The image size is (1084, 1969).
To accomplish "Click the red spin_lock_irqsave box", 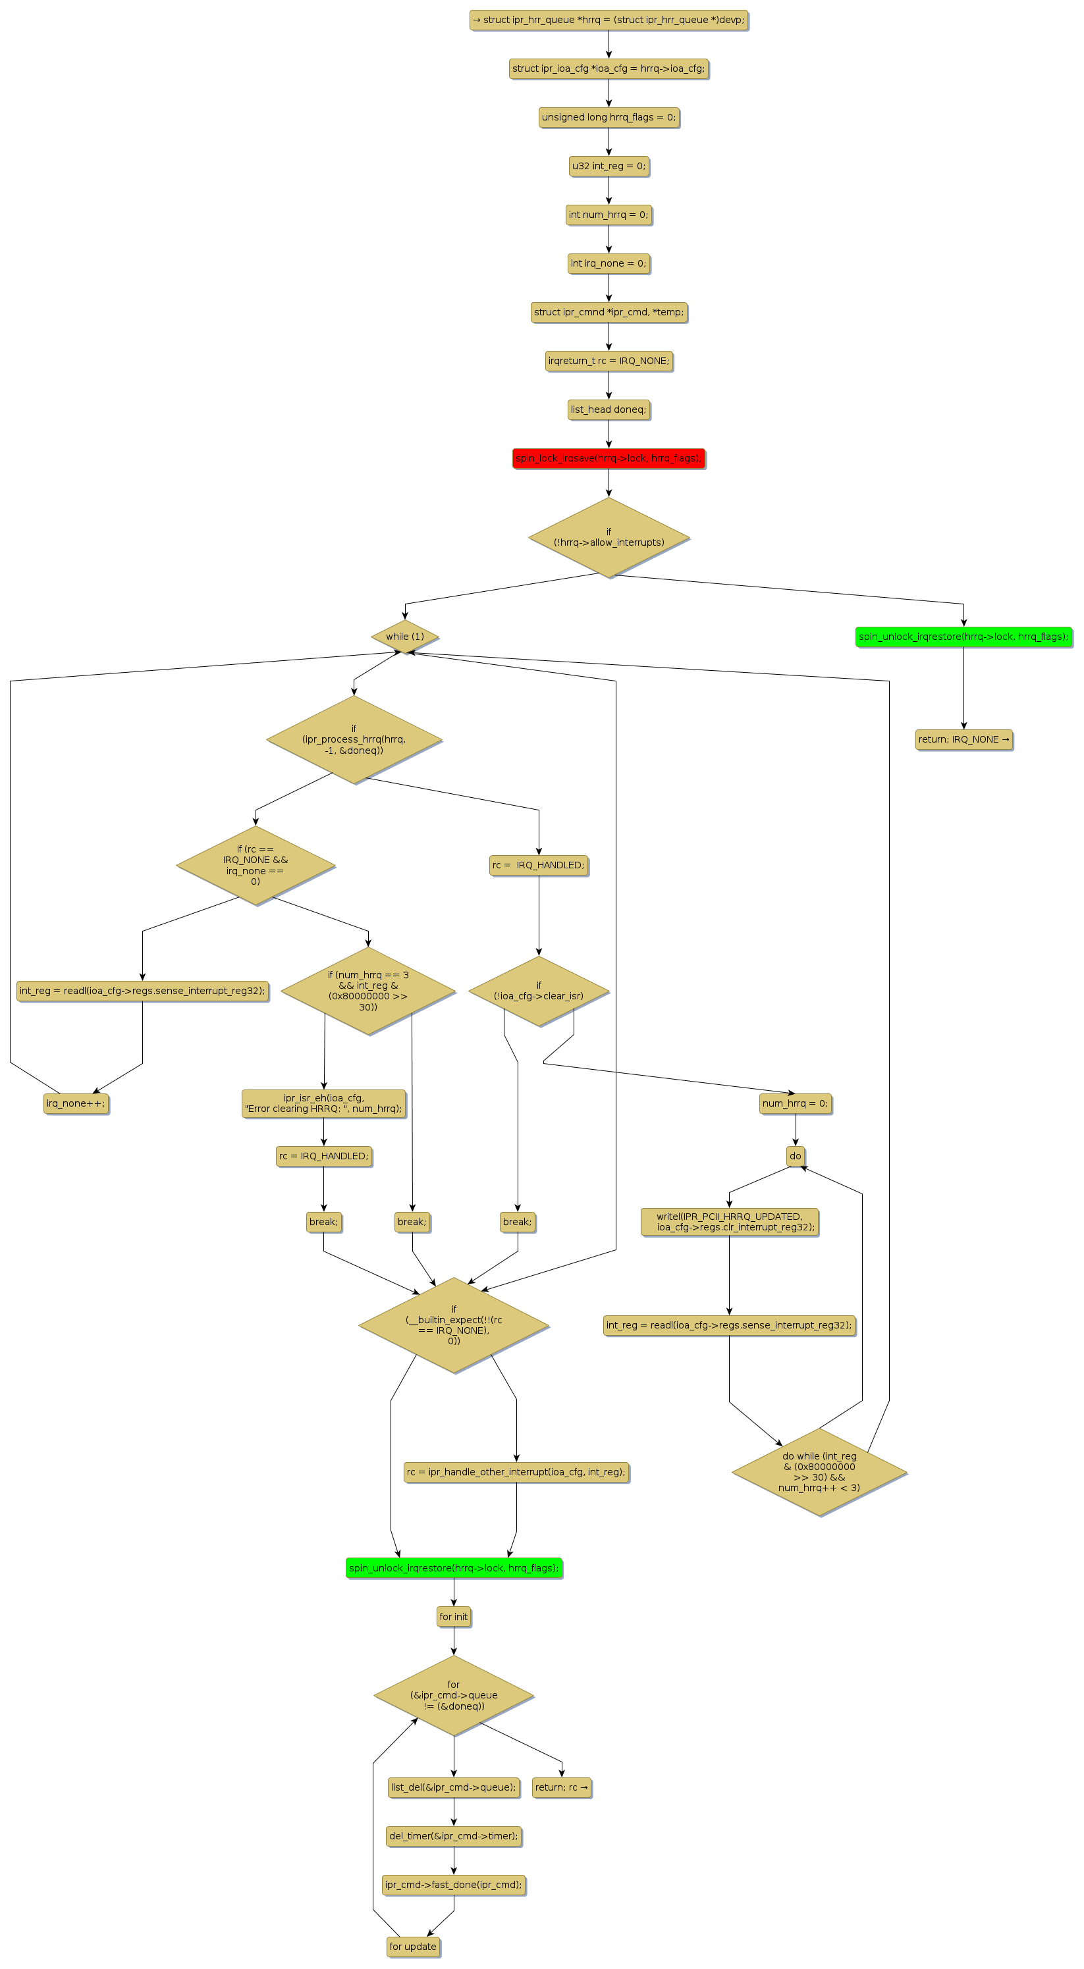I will [608, 458].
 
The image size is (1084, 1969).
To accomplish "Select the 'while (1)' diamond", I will [404, 636].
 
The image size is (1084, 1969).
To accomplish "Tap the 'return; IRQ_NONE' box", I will [963, 739].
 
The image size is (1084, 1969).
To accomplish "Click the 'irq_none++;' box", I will [76, 1103].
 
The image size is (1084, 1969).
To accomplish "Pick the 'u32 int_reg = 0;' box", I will [609, 166].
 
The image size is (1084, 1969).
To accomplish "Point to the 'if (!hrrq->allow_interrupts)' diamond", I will [609, 537].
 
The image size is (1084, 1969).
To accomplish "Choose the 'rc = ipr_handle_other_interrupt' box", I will [516, 1471].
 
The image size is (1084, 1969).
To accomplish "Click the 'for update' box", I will [413, 1946].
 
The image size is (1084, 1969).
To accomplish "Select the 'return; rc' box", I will [561, 1787].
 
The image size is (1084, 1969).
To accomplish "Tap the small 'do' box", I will [795, 1156].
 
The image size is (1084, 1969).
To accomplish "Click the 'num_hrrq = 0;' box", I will [795, 1103].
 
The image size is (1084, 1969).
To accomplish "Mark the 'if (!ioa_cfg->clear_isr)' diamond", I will [538, 991].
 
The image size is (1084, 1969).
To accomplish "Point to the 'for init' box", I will [453, 1617].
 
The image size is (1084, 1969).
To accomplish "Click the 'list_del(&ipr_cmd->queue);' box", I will [453, 1787].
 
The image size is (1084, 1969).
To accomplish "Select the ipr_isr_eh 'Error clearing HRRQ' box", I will [323, 1103].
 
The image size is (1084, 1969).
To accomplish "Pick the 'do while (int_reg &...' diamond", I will [819, 1471].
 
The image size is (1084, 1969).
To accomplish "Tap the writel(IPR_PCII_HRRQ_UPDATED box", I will [729, 1221].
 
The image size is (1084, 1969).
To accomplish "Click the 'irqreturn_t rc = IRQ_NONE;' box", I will [609, 361].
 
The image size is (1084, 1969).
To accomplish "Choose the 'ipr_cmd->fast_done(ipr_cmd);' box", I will [453, 1884].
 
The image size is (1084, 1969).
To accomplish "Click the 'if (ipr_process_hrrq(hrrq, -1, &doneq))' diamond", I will [353, 739].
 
